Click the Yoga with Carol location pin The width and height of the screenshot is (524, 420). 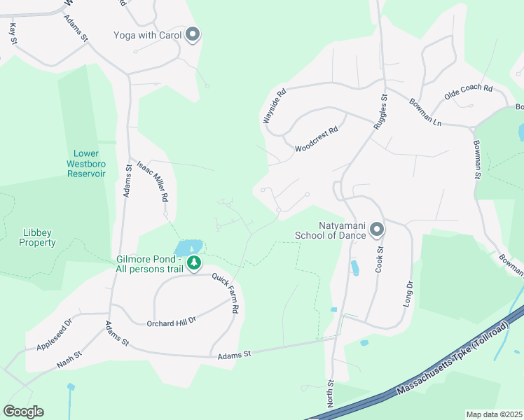(193, 34)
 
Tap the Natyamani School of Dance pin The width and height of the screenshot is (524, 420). (377, 229)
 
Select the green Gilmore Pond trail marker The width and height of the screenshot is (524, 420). (193, 263)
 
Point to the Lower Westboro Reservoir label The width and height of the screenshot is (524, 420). (87, 163)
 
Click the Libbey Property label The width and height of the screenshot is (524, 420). (38, 237)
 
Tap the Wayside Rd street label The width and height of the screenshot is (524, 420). (275, 106)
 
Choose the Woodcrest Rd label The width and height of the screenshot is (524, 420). (317, 139)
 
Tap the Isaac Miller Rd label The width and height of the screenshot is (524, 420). (153, 179)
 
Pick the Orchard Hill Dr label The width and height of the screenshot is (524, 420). (171, 323)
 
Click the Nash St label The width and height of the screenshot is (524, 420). (69, 359)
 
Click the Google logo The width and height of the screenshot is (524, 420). (23, 412)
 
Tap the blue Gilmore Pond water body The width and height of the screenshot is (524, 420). (187, 247)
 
